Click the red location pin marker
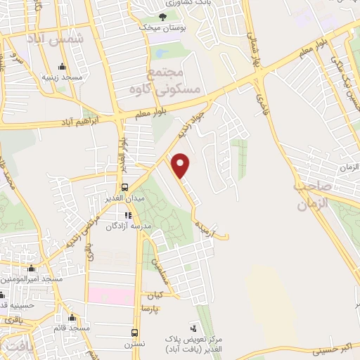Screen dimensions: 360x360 click(x=181, y=165)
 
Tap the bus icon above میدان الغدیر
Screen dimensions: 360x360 click(x=125, y=186)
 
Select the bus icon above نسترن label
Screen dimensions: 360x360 click(x=134, y=332)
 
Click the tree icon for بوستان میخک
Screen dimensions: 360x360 click(x=162, y=17)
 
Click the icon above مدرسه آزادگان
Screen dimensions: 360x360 click(x=127, y=216)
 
